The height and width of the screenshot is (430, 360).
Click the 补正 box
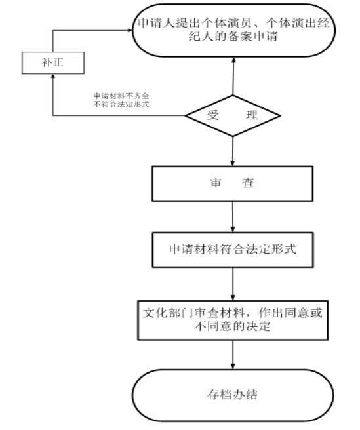[53, 63]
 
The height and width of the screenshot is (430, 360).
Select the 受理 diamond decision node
[233, 116]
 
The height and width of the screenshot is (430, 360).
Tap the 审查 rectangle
[232, 184]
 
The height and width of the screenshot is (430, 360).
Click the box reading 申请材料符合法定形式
[233, 250]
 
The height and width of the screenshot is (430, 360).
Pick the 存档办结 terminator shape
[233, 395]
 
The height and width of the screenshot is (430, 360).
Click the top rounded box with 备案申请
[234, 30]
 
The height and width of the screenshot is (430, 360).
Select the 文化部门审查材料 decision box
[233, 321]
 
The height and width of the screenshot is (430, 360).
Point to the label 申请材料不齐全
[121, 96]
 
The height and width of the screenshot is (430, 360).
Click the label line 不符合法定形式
[121, 104]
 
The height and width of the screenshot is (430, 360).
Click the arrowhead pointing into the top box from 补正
[130, 30]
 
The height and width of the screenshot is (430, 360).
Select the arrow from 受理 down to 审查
[233, 151]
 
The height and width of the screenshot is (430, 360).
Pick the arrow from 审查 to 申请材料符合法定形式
[233, 217]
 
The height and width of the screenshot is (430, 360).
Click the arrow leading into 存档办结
[233, 355]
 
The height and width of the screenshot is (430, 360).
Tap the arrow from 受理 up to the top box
[233, 76]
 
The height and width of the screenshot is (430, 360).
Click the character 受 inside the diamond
[213, 115]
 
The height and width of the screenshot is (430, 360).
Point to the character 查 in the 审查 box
[248, 183]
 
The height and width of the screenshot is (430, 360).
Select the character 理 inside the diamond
[252, 115]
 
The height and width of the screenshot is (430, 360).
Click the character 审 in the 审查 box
[216, 183]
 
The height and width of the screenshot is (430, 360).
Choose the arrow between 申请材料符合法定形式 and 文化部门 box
[233, 284]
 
